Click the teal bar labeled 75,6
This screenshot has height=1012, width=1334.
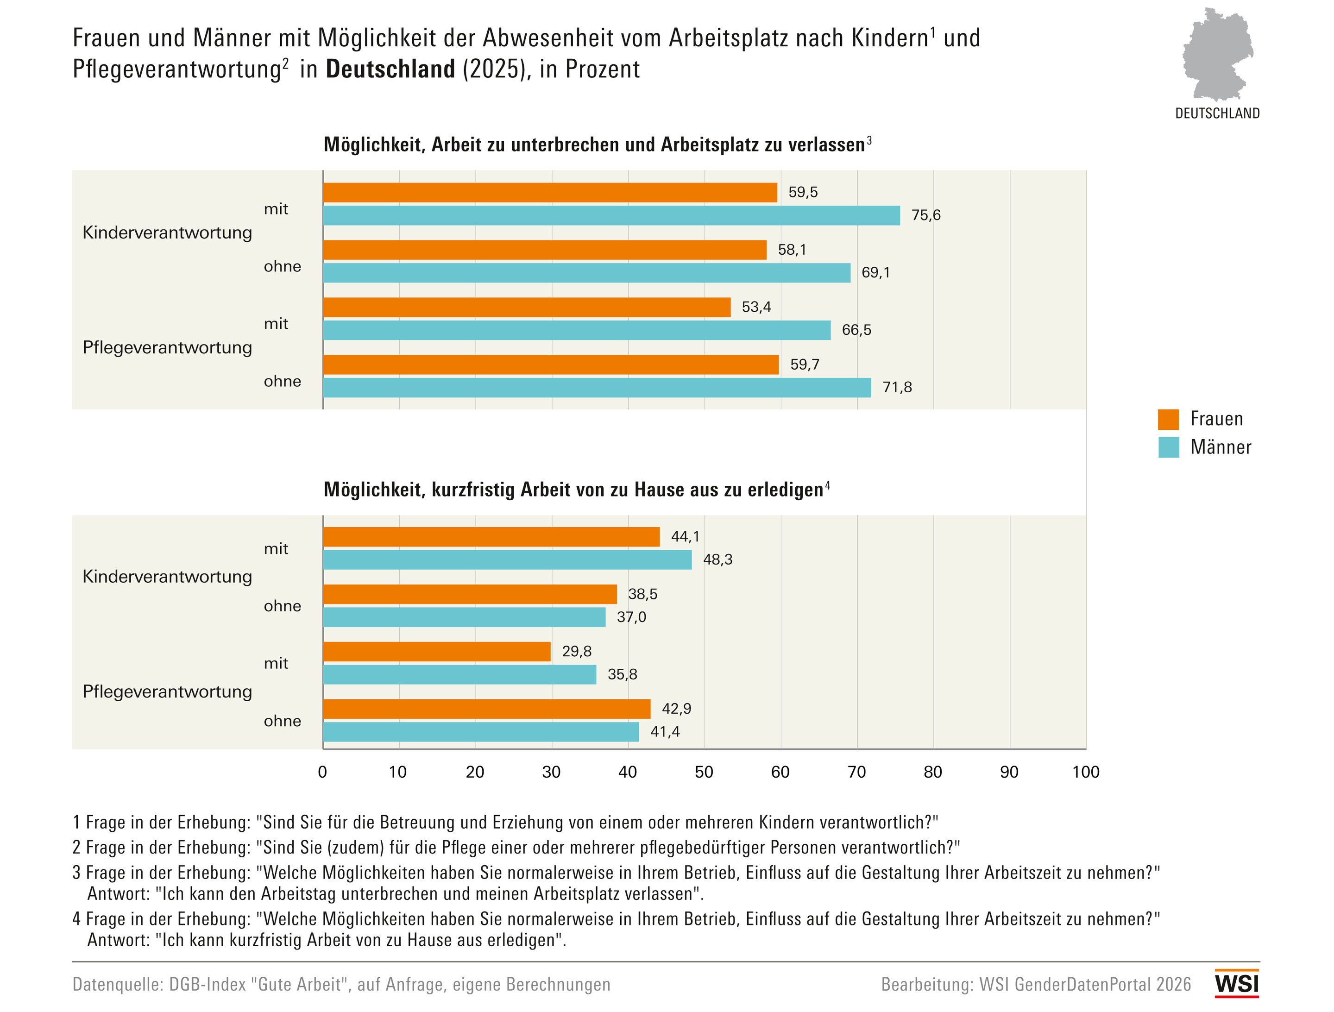611,215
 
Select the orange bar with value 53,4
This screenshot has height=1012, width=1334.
527,308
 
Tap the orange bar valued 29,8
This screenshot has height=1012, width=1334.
437,651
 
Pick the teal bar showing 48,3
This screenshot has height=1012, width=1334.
508,559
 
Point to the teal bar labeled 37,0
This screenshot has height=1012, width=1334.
465,617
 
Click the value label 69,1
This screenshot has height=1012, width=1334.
875,273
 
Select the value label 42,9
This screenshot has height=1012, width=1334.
677,709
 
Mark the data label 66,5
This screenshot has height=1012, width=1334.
856,330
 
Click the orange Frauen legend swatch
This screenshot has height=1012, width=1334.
1168,419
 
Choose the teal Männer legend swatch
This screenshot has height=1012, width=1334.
1168,447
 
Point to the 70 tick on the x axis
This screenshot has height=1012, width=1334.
856,772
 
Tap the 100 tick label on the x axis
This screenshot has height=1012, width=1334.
1086,772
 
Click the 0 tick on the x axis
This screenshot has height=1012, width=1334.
323,772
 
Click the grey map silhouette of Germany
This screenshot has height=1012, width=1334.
1218,54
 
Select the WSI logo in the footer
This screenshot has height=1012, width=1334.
1237,984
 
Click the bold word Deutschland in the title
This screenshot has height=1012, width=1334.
390,69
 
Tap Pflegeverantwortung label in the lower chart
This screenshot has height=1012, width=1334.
167,692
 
